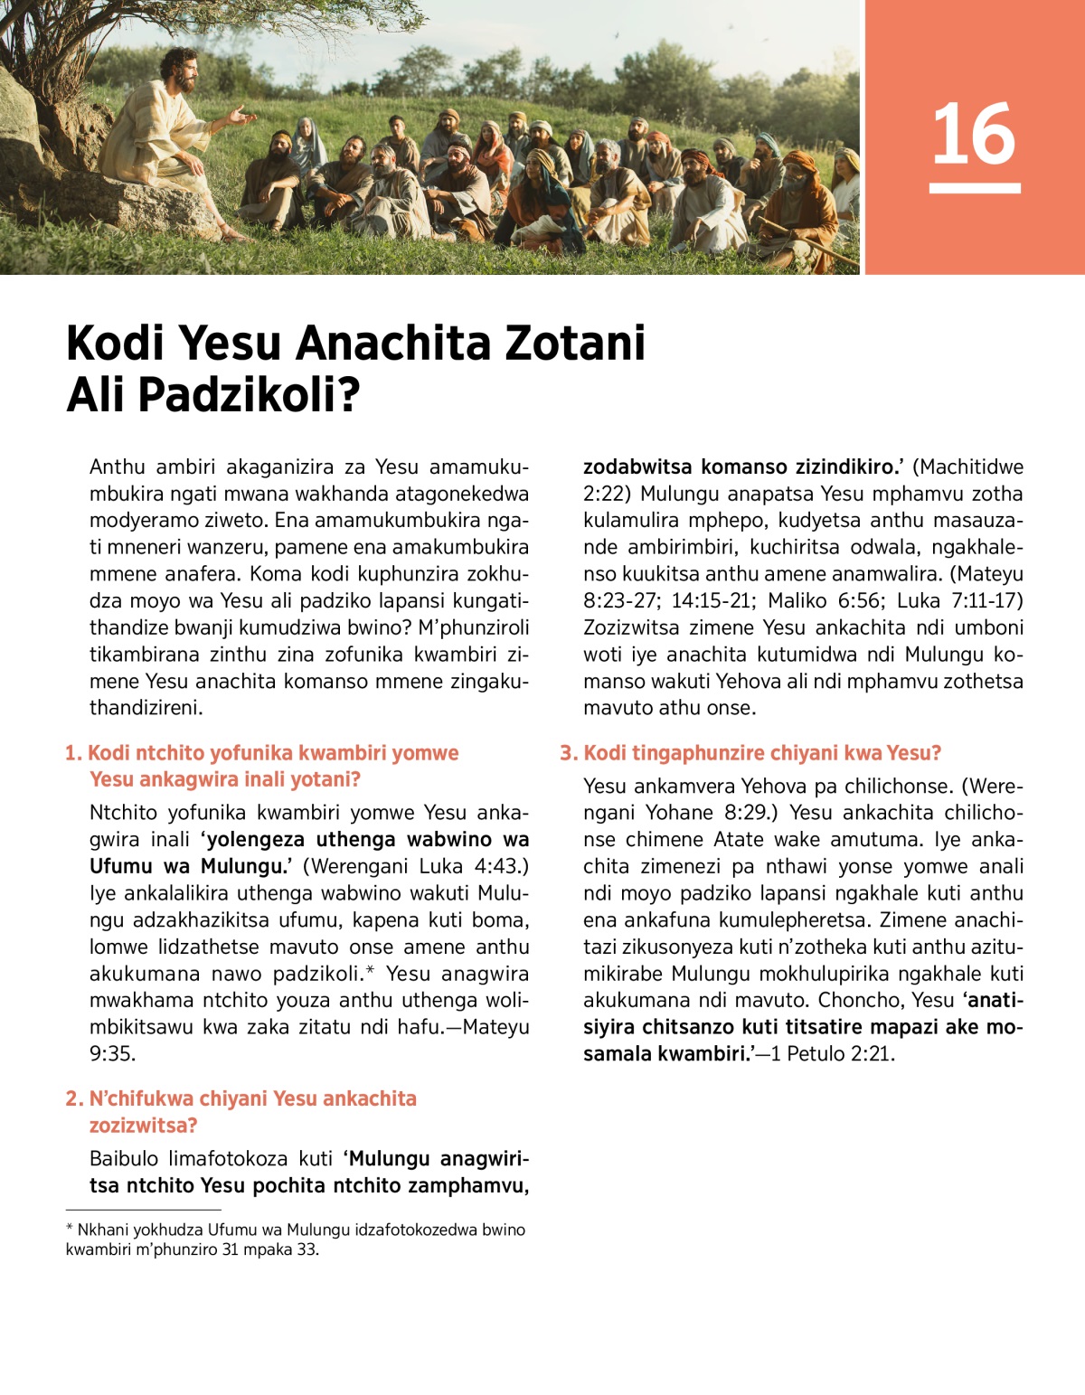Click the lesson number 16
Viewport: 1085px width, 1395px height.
[974, 134]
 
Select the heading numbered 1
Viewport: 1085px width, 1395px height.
[262, 766]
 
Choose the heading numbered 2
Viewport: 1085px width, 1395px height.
[242, 1111]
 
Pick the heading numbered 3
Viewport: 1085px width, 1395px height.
[751, 753]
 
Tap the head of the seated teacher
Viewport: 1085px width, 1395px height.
[178, 69]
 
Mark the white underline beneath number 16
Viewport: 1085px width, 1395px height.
[974, 188]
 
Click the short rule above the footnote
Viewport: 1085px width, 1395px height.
[143, 1209]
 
